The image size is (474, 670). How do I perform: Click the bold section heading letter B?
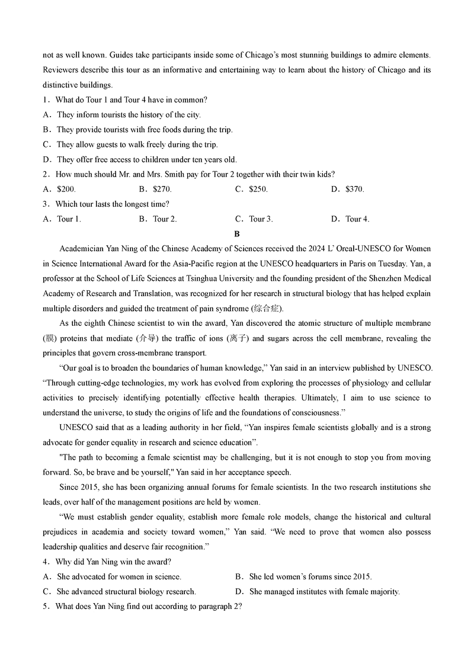point(236,234)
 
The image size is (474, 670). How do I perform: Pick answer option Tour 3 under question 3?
point(261,219)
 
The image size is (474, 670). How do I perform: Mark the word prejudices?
point(62,532)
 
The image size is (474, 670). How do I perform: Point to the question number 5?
point(46,606)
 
